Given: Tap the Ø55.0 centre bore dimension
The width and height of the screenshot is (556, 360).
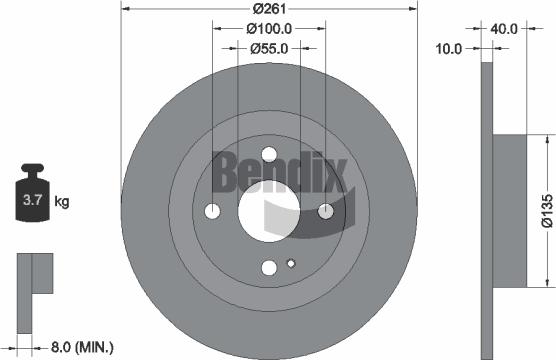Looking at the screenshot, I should coord(269,47).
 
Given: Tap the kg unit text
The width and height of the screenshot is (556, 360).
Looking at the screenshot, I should coord(62,202).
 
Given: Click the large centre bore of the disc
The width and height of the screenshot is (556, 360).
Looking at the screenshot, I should coord(269,213).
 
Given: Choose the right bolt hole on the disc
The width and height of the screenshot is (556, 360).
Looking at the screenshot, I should coord(326,211).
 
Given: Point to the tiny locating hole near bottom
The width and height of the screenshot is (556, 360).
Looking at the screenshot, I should coord(290,264).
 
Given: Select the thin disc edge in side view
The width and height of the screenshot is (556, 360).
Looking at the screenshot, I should coord(488,210).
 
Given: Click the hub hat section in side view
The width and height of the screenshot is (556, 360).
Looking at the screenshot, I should coord(510,210).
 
